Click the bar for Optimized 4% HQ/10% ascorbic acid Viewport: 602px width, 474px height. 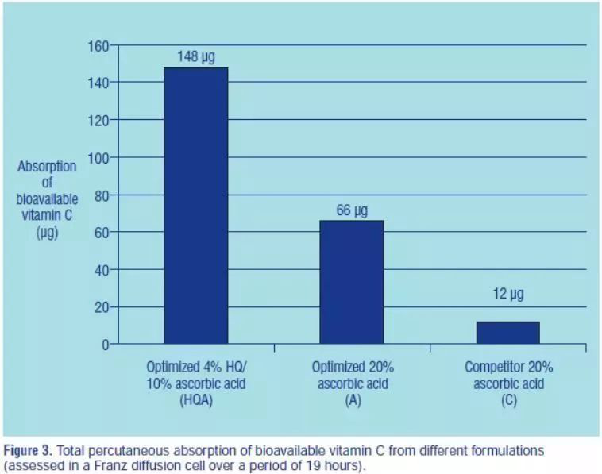pos(195,206)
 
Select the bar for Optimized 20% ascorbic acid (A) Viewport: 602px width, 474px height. pos(352,282)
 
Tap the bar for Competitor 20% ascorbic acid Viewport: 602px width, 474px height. pos(507,333)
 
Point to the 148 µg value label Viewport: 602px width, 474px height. pos(195,57)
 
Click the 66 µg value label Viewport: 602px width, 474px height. pos(352,210)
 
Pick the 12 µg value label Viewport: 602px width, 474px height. pos(507,295)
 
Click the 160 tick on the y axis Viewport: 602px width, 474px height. pos(98,46)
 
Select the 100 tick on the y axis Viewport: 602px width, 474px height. pos(98,158)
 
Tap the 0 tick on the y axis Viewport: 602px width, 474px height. pos(103,345)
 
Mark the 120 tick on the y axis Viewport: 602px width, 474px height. pos(98,121)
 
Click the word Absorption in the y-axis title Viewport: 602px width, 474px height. pos(47,167)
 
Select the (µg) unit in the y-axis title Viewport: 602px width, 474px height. pos(47,233)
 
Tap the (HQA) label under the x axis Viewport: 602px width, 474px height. pos(195,401)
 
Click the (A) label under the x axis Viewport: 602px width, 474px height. pos(352,401)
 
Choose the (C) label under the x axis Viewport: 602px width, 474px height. pos(508,401)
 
